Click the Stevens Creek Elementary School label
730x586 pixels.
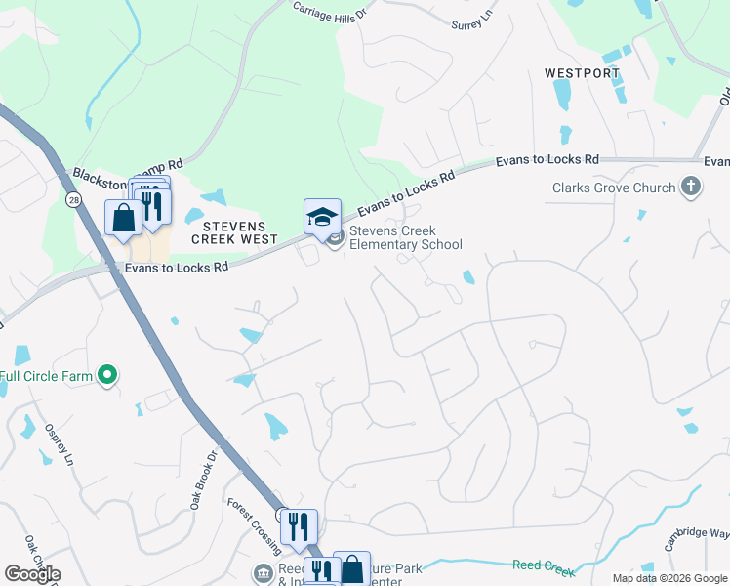pos(405,238)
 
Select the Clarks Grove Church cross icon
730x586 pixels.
pos(691,188)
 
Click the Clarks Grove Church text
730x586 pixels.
pos(613,188)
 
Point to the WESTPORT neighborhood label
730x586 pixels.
pos(582,73)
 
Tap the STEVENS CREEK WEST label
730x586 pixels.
pos(234,232)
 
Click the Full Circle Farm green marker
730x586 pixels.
pos(108,375)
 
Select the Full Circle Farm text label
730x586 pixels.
pos(47,376)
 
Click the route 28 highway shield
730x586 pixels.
pos(73,199)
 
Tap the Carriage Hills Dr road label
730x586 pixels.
pos(333,12)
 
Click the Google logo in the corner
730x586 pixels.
pos(32,574)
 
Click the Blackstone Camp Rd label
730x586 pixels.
pos(126,173)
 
